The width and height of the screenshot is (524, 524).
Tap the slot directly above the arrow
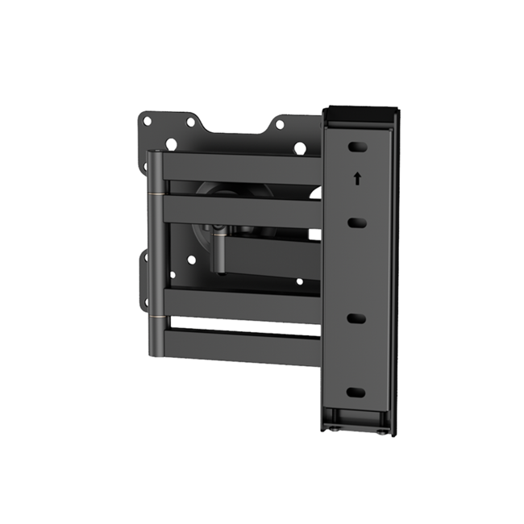356,148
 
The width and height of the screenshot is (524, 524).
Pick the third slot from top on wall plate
356,318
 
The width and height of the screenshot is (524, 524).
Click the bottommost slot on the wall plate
356,392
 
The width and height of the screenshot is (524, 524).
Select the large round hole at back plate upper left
171,144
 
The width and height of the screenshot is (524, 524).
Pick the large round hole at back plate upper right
300,148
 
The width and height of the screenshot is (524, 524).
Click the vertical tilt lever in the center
218,250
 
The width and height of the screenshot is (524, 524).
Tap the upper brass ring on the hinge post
156,193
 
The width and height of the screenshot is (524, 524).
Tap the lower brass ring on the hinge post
156,316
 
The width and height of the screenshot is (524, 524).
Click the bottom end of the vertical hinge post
156,351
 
